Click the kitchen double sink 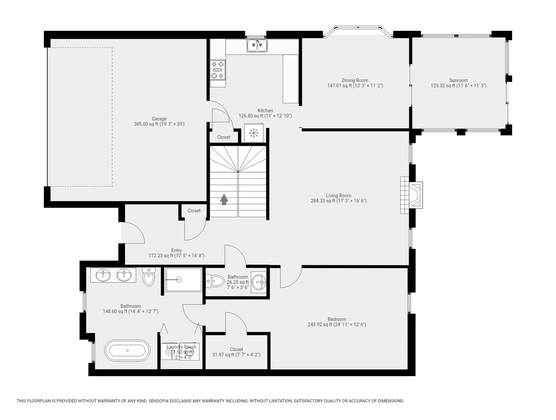click(x=257, y=45)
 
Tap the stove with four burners click(x=217, y=70)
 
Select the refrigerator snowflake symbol click(x=253, y=133)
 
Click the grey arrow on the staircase click(x=224, y=199)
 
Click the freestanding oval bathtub click(x=127, y=350)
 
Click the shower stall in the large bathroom click(x=183, y=280)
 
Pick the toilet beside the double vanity click(x=149, y=278)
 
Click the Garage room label click(x=159, y=119)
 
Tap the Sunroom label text click(x=458, y=80)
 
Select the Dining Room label click(x=355, y=80)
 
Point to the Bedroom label click(x=337, y=319)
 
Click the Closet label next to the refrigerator click(x=224, y=137)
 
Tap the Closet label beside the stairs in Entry click(x=194, y=211)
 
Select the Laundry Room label click(x=181, y=347)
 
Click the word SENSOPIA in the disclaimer click(x=158, y=401)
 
